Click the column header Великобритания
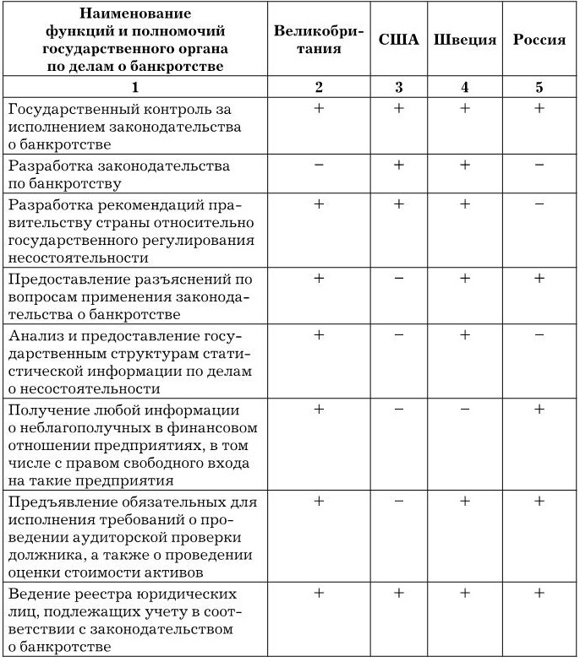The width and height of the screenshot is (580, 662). click(x=319, y=40)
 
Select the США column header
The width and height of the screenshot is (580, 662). click(x=398, y=40)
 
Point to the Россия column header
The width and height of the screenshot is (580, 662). click(x=539, y=40)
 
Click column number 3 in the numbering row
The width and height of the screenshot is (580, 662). click(x=398, y=86)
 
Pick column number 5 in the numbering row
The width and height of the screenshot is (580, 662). click(x=539, y=86)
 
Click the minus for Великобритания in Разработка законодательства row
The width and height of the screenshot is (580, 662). click(x=319, y=165)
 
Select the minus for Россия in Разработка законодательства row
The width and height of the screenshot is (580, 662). click(x=539, y=165)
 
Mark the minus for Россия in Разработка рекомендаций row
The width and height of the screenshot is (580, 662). click(x=539, y=203)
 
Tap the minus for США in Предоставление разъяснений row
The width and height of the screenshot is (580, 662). click(x=398, y=279)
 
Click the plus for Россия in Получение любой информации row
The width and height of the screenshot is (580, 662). click(x=539, y=410)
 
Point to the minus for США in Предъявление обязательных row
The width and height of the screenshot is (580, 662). click(x=398, y=502)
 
